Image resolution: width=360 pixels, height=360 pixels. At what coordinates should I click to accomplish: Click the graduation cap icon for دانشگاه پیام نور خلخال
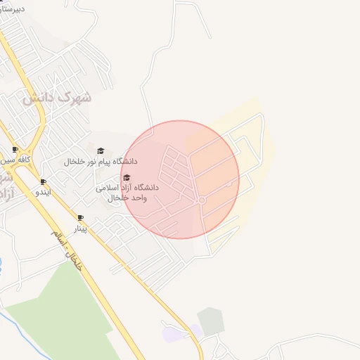tap(101, 150)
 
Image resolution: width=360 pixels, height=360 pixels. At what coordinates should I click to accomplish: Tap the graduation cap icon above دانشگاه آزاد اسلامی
tap(127, 177)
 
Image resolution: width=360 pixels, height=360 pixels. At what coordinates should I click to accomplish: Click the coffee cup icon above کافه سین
tap(15, 149)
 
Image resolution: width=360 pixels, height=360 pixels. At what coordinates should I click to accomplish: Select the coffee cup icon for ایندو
tap(44, 181)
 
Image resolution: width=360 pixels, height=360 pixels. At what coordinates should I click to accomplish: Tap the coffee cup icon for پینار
tap(80, 217)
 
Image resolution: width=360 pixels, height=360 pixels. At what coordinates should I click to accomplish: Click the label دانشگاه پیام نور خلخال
tap(101, 162)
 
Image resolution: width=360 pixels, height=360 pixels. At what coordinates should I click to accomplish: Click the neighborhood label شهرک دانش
tap(57, 98)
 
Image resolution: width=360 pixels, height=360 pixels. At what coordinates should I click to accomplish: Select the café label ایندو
tap(44, 192)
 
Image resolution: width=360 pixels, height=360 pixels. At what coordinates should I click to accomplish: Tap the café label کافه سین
tap(18, 160)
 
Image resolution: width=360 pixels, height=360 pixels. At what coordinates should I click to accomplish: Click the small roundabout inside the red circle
tap(202, 201)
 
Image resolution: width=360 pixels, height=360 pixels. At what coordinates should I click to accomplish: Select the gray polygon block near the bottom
tap(210, 321)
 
